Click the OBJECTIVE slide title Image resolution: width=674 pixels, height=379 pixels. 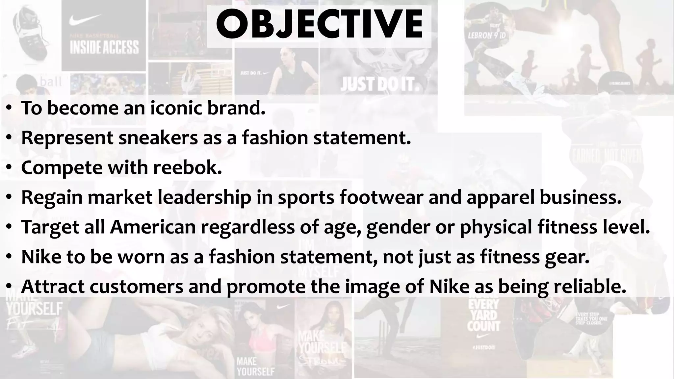click(319, 25)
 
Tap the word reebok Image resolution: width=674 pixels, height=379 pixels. click(187, 168)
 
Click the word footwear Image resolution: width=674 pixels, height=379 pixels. click(381, 197)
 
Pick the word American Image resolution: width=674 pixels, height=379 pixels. click(153, 227)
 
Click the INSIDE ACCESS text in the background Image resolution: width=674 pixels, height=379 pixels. click(104, 47)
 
